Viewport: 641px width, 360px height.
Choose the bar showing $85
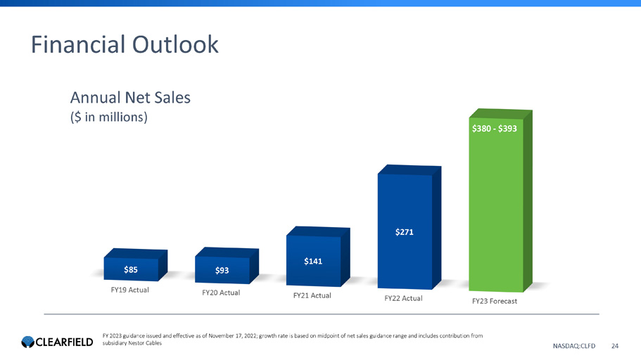[131, 269]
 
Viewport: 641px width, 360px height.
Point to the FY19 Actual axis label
[130, 289]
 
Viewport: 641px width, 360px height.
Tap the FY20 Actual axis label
[221, 292]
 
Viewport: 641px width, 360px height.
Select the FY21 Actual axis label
[312, 295]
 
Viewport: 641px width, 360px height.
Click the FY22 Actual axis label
[403, 298]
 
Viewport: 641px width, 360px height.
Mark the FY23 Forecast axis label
[495, 301]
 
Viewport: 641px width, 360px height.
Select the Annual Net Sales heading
[129, 98]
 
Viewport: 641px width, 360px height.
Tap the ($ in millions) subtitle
[108, 117]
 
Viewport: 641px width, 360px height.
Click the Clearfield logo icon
[27, 342]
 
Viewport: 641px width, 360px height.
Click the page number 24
[615, 345]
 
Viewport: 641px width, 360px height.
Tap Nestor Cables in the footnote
[141, 342]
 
